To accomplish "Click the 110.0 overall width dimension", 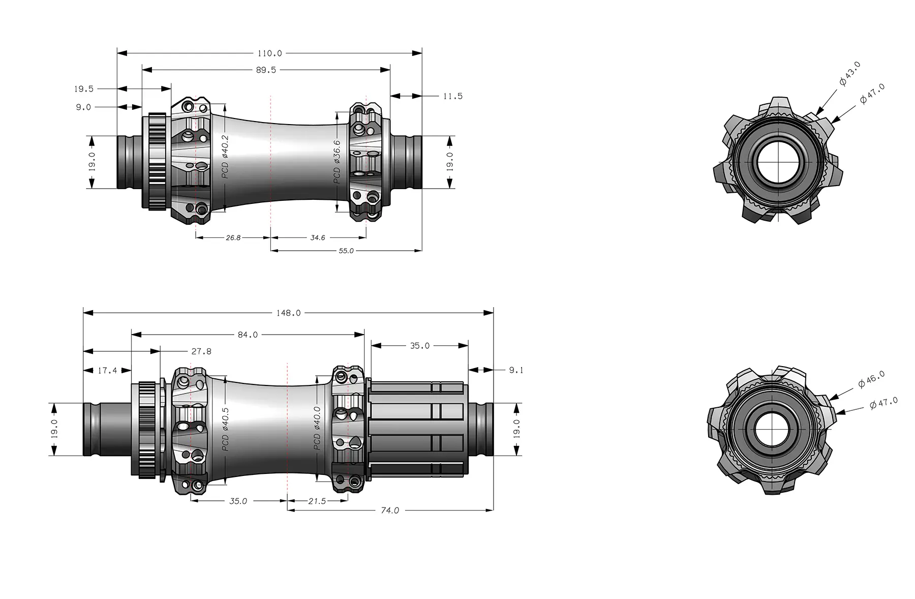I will click(x=269, y=53).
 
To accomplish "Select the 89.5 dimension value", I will click(x=266, y=70).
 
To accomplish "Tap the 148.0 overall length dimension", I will click(x=288, y=313).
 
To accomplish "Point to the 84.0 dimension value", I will click(x=248, y=335).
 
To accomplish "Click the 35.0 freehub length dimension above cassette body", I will click(x=420, y=346).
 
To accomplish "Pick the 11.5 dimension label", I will click(x=452, y=96).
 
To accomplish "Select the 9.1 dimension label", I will click(x=516, y=370).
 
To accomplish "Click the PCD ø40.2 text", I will click(x=226, y=157).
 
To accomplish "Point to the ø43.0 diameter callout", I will click(x=850, y=74).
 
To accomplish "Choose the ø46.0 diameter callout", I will click(x=871, y=379).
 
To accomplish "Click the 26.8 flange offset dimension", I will click(x=233, y=237).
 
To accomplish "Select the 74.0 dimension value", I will click(x=390, y=511).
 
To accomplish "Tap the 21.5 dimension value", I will click(x=317, y=501).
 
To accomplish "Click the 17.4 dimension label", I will click(x=107, y=371).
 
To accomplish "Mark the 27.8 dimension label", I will click(x=201, y=351).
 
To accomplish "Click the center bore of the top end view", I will click(x=778, y=162).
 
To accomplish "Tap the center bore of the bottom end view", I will click(x=771, y=430).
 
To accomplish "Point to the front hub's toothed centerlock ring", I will click(x=158, y=162).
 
